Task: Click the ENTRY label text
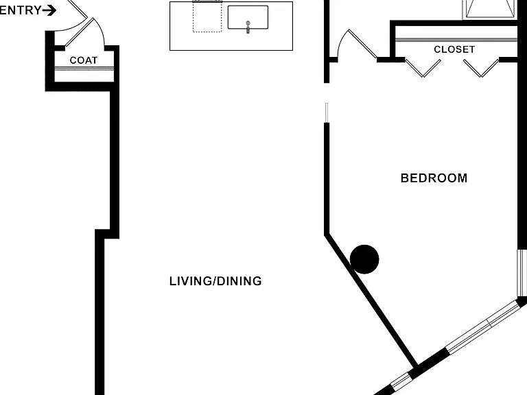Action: [x=21, y=10]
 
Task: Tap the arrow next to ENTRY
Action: [x=49, y=10]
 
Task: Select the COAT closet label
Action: [x=83, y=60]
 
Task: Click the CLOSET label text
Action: [x=454, y=49]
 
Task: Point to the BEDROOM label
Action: [x=434, y=178]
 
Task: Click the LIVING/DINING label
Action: [x=215, y=281]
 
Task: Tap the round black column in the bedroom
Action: [x=364, y=259]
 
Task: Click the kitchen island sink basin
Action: [x=248, y=17]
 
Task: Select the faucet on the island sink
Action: [x=248, y=27]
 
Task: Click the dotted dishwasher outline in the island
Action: [x=207, y=16]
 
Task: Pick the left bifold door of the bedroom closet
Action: [x=423, y=68]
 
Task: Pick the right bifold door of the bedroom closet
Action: [x=481, y=68]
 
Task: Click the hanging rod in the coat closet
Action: [x=84, y=69]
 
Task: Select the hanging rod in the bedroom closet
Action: [x=456, y=40]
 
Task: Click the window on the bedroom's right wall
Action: [x=522, y=273]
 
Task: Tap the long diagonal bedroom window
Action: [x=482, y=327]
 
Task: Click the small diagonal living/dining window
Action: [x=401, y=382]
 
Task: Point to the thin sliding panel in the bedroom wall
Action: [x=327, y=112]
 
